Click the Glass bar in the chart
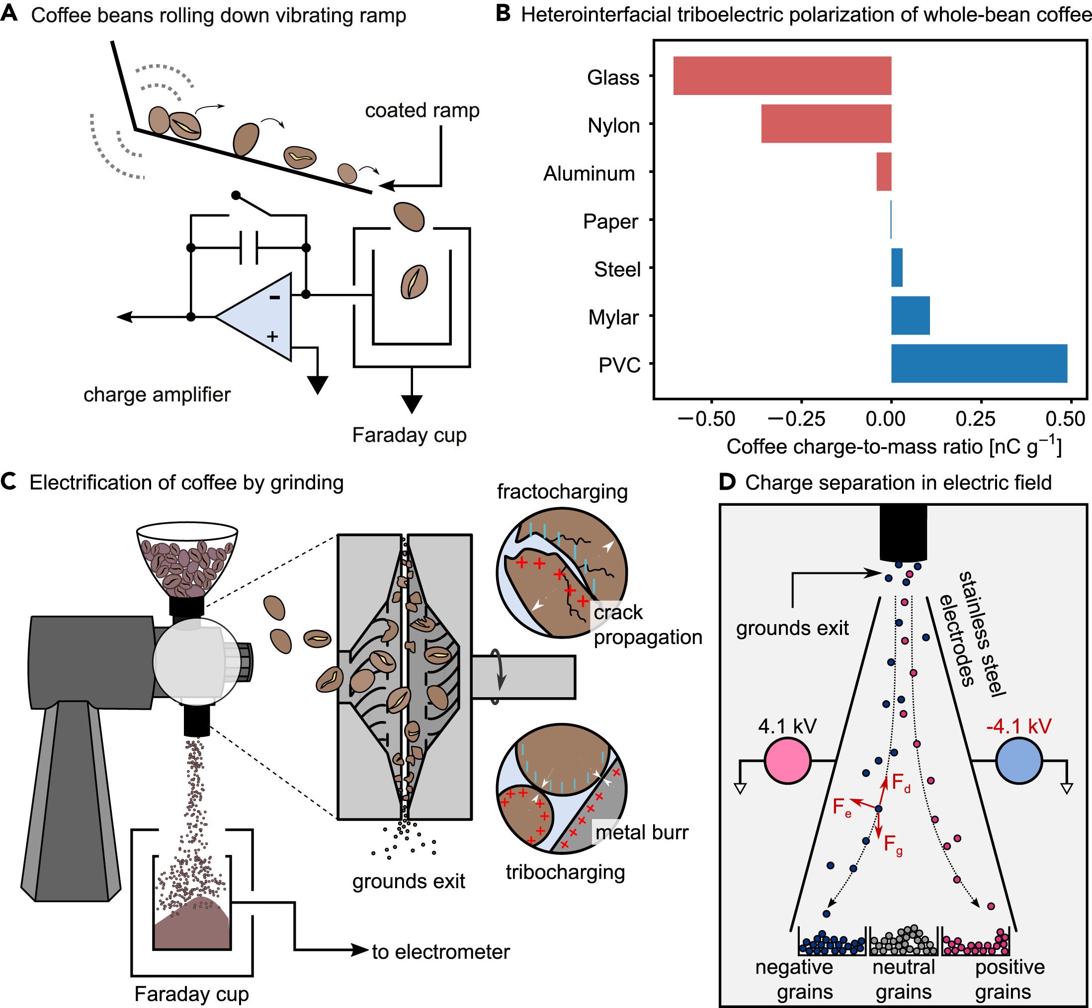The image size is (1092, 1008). (782, 76)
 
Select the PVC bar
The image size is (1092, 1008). (979, 364)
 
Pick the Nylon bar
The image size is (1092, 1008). (827, 124)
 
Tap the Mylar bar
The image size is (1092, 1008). (911, 316)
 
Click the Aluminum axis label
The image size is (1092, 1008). (589, 174)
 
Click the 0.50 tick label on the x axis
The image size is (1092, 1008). (1065, 419)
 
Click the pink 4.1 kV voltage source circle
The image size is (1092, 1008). (788, 760)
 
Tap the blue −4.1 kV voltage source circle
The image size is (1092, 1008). (1019, 760)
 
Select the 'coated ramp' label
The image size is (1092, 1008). (422, 111)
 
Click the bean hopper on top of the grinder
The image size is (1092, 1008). (187, 559)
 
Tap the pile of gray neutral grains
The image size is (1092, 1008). (904, 941)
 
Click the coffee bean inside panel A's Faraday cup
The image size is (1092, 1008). (415, 281)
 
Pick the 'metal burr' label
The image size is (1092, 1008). (642, 832)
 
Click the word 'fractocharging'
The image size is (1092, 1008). (562, 492)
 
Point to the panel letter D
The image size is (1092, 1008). (728, 482)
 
